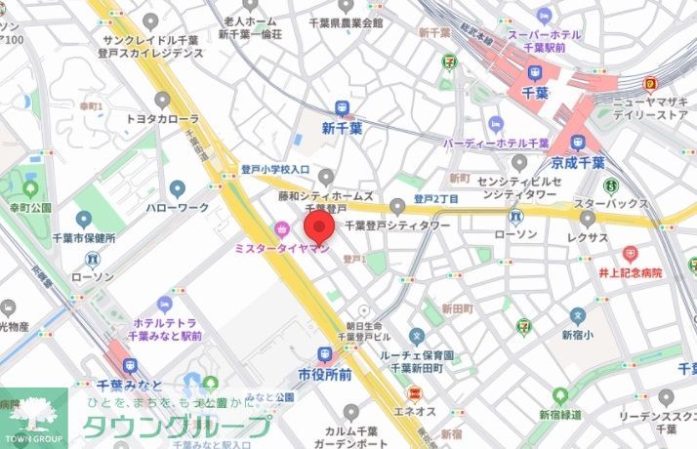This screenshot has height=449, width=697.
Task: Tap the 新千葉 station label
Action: coord(342,128)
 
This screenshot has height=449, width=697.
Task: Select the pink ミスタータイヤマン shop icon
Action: coord(282,230)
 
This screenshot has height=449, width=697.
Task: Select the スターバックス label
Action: coord(611,203)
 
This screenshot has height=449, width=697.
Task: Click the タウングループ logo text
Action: coord(176,426)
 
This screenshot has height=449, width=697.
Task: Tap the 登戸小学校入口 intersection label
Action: coord(274,169)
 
